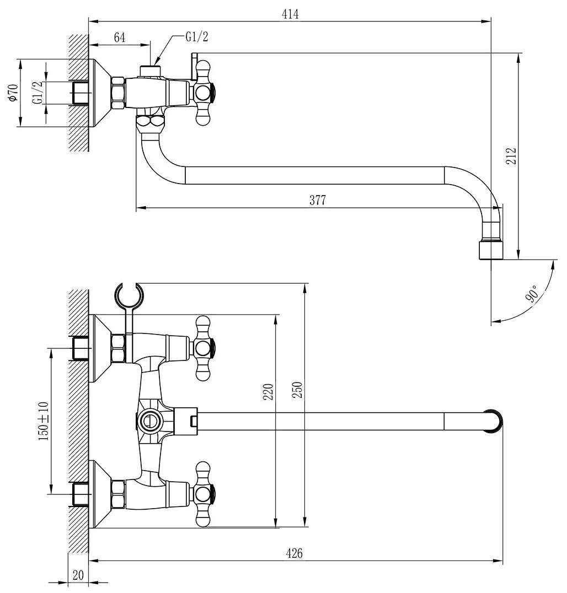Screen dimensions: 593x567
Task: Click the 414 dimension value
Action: point(290,14)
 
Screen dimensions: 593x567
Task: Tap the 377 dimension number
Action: point(317,201)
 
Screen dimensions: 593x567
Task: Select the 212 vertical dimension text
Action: point(511,157)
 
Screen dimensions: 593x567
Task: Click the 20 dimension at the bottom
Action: point(78,575)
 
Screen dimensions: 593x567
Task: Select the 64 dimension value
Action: point(120,37)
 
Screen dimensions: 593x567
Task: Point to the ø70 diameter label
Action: point(12,92)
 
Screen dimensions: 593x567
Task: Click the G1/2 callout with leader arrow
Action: point(197,37)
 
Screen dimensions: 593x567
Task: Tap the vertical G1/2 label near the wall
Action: point(38,93)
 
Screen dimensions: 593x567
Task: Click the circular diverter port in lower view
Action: point(147,422)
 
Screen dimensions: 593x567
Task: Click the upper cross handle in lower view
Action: point(203,348)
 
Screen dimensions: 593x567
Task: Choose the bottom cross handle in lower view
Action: point(203,493)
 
